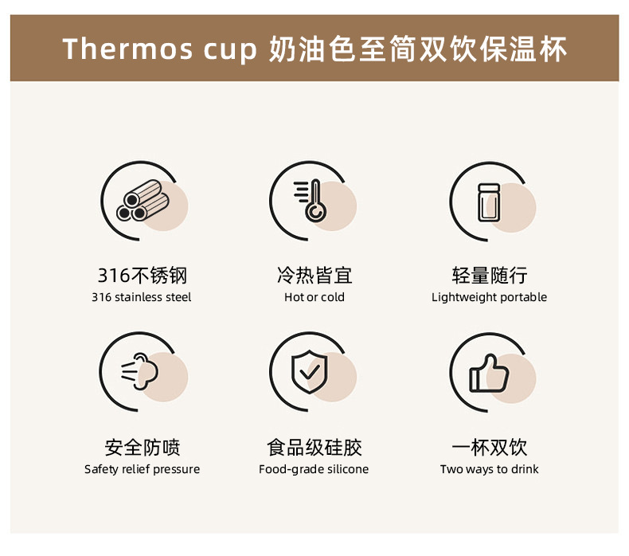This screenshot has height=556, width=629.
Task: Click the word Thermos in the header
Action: click(127, 49)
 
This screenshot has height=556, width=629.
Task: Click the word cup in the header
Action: click(230, 51)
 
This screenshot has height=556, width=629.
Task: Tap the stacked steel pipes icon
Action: click(143, 200)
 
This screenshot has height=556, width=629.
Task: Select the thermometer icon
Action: click(310, 200)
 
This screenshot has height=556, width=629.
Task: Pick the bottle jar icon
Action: click(489, 203)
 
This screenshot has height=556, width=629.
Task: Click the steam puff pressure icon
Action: click(139, 371)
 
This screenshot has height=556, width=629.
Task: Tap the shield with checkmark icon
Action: click(309, 372)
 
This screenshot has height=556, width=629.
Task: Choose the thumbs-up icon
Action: click(489, 373)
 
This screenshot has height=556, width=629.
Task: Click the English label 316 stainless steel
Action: click(142, 297)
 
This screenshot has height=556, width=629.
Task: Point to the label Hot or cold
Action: click(314, 297)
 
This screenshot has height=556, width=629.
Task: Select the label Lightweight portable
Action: click(490, 297)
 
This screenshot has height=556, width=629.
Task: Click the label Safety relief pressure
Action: click(142, 469)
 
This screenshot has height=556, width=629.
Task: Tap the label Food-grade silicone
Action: click(314, 469)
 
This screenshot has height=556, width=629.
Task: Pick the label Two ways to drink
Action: click(490, 469)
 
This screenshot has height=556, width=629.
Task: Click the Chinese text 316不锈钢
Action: click(143, 276)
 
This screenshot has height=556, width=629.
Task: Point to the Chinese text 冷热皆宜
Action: click(314, 276)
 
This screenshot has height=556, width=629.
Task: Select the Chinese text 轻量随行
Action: click(490, 276)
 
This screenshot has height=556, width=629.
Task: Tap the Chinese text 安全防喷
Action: click(143, 448)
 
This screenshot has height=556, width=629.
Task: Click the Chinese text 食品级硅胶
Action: click(314, 448)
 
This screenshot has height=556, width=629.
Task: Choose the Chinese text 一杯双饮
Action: click(490, 448)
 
